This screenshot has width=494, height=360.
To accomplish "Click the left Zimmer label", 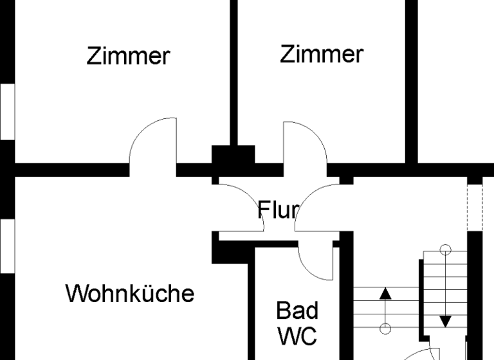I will tap(128, 57).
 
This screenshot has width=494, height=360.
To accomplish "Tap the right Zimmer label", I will tap(321, 54).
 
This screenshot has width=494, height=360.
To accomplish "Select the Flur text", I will tap(278, 210).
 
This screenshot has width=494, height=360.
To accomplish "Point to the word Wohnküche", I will tap(130, 294).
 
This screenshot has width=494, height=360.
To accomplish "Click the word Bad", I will tap(297, 310).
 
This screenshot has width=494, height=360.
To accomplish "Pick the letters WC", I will tap(297, 335).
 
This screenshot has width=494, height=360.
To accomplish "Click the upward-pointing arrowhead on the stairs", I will tap(385, 294).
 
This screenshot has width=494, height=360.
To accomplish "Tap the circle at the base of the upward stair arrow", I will tap(385, 329).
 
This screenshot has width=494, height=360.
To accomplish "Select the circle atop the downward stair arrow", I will tap(445, 249).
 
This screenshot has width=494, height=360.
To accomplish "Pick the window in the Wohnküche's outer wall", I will tap(6, 245).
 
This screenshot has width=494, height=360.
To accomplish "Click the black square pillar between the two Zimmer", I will tap(233, 156).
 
